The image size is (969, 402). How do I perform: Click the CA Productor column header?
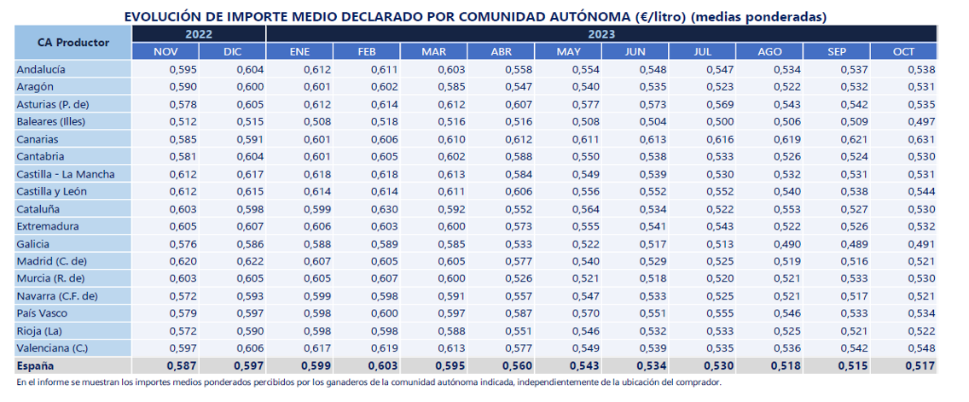[x=73, y=42]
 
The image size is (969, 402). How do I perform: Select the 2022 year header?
[x=199, y=34]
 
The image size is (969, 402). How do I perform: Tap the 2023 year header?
[x=601, y=34]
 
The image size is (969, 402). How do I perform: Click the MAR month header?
[x=434, y=51]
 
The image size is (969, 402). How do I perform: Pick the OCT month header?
[x=903, y=51]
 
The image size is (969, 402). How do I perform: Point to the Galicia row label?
[x=33, y=244]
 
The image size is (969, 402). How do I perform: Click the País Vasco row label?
[x=42, y=313]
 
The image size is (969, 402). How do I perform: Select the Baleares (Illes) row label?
[x=50, y=122]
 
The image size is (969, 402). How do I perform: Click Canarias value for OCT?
[x=920, y=139]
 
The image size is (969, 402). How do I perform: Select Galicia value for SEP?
[x=854, y=244]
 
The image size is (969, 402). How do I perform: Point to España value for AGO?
[x=786, y=366]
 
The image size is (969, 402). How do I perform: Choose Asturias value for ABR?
[x=517, y=104]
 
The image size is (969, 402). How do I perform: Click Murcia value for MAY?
[x=584, y=279]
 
